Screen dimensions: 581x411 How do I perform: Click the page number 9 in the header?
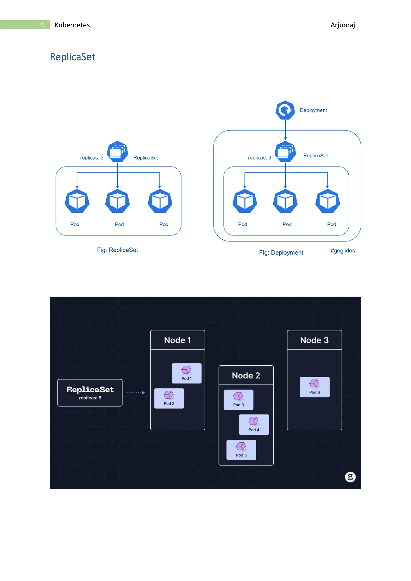43,25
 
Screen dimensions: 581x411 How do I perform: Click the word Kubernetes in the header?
72,25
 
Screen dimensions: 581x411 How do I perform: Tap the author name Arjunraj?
342,25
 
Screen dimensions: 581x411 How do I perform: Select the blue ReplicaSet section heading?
72,57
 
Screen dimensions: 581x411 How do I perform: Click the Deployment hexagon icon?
285,110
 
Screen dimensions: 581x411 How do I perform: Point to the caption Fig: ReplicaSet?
117,250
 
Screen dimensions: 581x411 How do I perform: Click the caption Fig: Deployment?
281,253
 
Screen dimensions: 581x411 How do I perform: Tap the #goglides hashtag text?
342,251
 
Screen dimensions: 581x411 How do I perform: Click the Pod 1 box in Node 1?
186,373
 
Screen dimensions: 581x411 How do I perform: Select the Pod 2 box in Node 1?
169,398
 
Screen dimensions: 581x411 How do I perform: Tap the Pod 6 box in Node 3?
314,387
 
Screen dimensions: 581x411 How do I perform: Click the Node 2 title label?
246,375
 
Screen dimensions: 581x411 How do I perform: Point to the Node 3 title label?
314,340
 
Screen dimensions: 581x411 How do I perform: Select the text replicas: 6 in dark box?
90,398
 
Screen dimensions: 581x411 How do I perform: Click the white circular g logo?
350,477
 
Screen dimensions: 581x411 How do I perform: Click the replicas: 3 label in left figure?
92,158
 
